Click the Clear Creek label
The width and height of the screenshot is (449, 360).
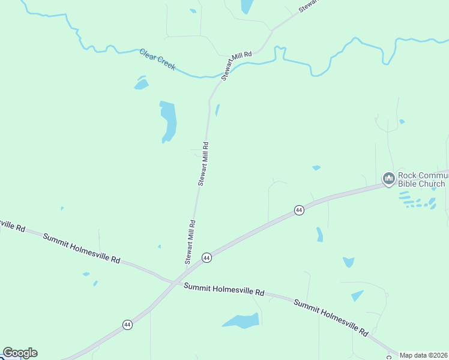pos(157,59)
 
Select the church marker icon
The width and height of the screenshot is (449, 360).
pos(388,178)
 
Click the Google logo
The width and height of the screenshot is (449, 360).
pos(20,353)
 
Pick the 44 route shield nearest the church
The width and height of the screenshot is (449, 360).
pos(298,210)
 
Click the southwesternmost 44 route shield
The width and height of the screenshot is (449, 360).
pos(127,325)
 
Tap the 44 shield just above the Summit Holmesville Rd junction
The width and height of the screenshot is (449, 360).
pos(206,257)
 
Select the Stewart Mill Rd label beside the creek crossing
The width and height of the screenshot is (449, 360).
pos(236,65)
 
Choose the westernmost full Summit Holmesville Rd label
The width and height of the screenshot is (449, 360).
pos(81,248)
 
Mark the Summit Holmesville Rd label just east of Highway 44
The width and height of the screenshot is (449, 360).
pos(224,289)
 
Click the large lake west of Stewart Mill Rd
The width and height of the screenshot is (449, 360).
pos(169,120)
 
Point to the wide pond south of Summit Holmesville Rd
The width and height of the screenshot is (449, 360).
pos(242,321)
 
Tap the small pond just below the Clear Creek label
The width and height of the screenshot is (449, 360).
pos(142,84)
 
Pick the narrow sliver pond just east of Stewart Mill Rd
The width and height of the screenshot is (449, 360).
pos(217,110)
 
